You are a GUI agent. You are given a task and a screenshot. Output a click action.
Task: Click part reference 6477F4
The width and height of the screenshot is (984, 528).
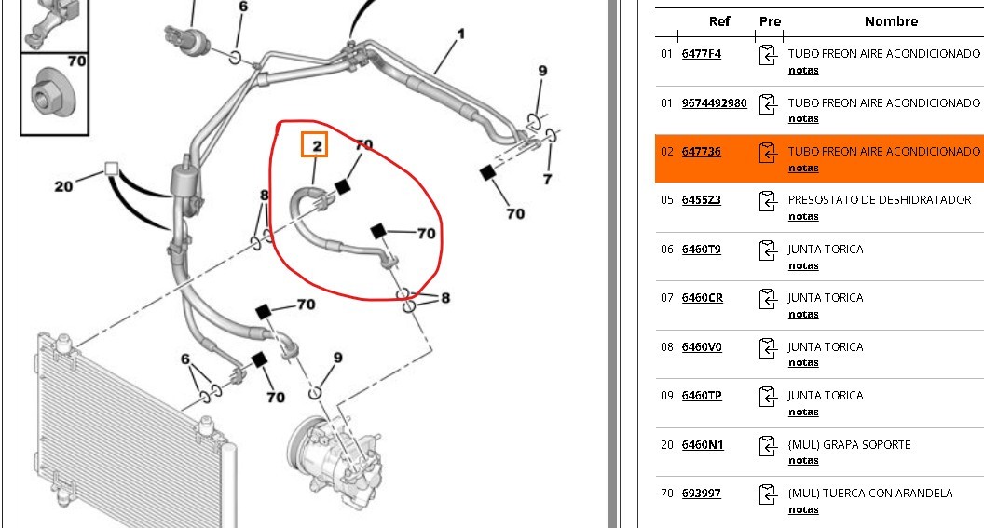701,54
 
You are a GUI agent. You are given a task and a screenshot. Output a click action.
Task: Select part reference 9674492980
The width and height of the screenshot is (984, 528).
714,102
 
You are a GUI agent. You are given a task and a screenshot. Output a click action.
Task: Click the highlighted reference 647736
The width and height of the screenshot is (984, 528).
701,151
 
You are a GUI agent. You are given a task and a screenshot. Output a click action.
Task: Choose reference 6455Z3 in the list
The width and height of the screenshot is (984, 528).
701,200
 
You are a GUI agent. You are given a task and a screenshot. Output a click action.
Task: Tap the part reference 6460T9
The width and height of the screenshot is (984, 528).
701,249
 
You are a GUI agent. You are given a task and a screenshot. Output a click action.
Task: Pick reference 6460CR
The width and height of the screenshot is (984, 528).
702,298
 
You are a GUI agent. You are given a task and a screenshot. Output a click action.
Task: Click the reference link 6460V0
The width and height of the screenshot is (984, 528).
701,346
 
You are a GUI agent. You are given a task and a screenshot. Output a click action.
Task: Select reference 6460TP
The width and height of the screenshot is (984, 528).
701,396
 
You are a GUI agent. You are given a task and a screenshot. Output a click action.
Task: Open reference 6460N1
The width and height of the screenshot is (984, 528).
702,444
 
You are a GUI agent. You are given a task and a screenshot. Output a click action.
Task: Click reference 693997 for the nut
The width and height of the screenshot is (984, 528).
701,494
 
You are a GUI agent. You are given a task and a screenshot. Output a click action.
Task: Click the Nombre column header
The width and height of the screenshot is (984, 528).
891,21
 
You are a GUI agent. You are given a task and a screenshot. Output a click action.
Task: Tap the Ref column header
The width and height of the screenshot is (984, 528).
719,21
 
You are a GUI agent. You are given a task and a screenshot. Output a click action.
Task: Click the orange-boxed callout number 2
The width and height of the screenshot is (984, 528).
315,145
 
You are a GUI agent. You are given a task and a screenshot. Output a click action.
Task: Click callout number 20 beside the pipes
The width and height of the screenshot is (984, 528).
63,186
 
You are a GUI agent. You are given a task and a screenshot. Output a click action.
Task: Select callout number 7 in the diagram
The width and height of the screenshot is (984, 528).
547,179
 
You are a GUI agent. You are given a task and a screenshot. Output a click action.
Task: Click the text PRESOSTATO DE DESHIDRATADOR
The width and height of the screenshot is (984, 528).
879,200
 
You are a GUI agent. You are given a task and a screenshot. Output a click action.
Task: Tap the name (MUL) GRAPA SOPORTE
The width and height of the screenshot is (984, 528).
849,444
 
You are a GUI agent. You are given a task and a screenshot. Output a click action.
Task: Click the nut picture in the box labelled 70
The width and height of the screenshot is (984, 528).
47,93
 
